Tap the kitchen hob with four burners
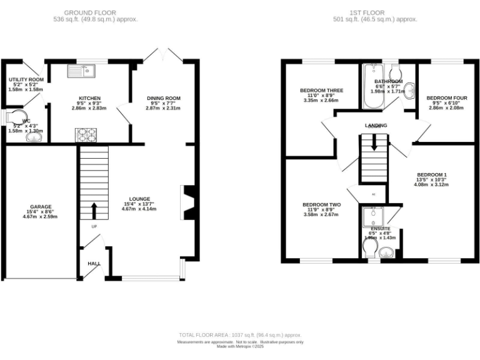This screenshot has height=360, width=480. coord(86,134)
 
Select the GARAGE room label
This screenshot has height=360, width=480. coord(41,206)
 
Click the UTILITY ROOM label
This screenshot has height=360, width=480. coord(26,80)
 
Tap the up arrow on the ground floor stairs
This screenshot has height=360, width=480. coord(94,209)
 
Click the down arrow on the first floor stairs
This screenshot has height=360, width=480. coord(374,142)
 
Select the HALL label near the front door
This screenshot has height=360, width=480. coord(94,264)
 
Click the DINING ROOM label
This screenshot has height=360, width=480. coord(163,98)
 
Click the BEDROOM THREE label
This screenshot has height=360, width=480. coord(321,90)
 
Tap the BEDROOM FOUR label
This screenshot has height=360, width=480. coord(446,98)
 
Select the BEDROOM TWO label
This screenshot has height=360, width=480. coord(321,204)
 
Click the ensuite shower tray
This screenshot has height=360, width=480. coord(374,216)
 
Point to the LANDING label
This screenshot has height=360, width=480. coord(376,125)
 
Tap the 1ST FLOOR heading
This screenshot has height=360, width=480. coord(374,12)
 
